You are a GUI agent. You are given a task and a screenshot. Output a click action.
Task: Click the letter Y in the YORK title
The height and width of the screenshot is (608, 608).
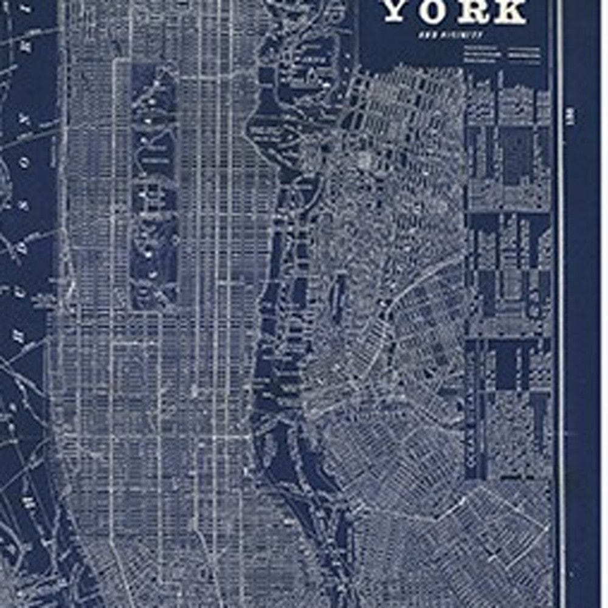(398, 12)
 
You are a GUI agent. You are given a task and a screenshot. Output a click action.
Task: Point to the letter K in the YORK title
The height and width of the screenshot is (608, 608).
(510, 12)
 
